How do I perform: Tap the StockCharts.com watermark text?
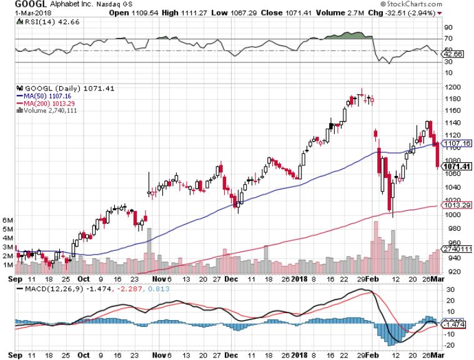pyautogui.click(x=438, y=4)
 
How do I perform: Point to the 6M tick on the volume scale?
pyautogui.click(x=7, y=220)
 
